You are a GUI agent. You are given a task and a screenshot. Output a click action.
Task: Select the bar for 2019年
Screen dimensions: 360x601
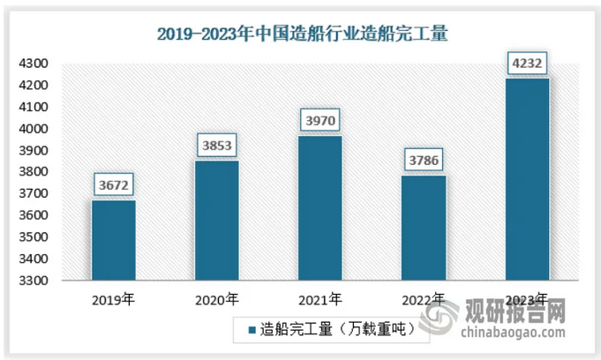[x=114, y=240]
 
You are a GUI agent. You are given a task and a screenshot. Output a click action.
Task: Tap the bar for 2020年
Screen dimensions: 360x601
[x=216, y=221]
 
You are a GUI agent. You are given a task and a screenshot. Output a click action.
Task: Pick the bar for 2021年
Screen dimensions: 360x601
[x=319, y=208]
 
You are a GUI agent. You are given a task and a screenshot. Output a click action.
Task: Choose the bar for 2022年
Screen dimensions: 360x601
[x=424, y=228]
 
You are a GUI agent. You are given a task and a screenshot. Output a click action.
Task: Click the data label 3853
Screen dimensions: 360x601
[x=217, y=145]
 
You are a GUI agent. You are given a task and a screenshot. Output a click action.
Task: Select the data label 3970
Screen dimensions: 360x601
[x=320, y=119]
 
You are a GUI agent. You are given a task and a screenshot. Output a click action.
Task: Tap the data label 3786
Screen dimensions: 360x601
[x=424, y=160]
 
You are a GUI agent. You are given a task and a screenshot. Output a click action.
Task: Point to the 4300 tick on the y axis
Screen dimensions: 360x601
[x=40, y=64]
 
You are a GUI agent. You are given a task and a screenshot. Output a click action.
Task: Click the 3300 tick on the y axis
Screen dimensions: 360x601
[x=40, y=281]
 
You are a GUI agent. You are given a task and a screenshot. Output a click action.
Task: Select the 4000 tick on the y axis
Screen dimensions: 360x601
[x=40, y=129]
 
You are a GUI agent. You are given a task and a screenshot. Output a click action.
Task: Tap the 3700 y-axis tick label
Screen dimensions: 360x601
[x=40, y=194]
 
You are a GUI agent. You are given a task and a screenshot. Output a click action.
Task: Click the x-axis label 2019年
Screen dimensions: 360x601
[x=114, y=299]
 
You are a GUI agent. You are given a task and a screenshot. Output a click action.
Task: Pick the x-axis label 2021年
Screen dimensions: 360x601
[x=320, y=299]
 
